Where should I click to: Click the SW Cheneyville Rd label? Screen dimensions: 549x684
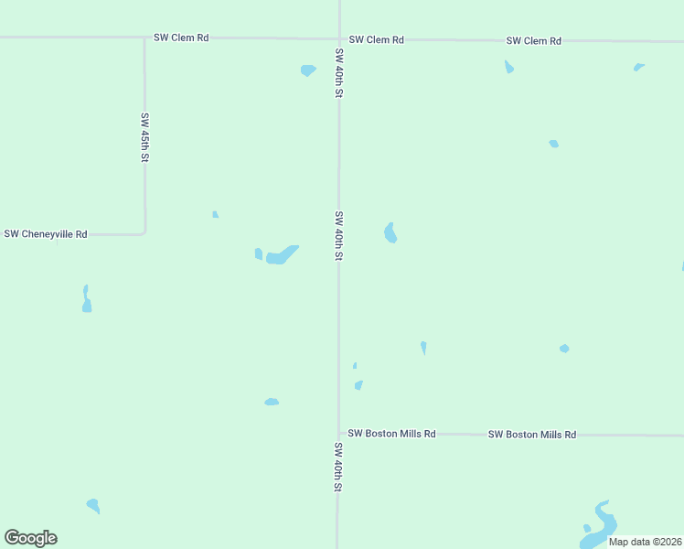[x=46, y=234]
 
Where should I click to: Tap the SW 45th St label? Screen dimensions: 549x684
[x=144, y=137]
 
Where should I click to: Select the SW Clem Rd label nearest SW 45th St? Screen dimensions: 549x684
[x=181, y=38]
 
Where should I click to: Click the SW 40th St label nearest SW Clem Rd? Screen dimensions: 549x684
[x=339, y=72]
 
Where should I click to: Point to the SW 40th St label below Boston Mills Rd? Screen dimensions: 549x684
[x=337, y=468]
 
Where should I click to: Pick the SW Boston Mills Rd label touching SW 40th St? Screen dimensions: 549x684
[x=391, y=433]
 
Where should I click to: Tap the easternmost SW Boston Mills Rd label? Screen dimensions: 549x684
[x=531, y=435]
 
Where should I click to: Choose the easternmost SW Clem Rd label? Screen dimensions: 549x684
[x=533, y=41]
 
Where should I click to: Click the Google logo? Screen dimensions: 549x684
[x=30, y=538]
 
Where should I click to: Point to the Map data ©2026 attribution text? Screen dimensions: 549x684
[x=645, y=542]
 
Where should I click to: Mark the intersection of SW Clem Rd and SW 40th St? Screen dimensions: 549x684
[x=339, y=39]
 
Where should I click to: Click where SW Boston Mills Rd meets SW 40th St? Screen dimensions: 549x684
[x=338, y=434]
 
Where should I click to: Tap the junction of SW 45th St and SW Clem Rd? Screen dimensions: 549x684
[x=144, y=38]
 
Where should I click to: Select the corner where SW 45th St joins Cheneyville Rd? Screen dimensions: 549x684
[x=144, y=233]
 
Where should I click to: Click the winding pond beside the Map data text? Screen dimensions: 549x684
[x=599, y=525]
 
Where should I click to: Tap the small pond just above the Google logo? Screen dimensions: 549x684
[x=93, y=505]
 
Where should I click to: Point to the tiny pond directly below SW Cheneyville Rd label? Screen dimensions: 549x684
[x=87, y=299]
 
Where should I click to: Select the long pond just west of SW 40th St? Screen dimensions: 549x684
[x=282, y=254]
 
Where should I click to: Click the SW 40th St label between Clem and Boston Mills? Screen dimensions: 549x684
[x=338, y=237]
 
